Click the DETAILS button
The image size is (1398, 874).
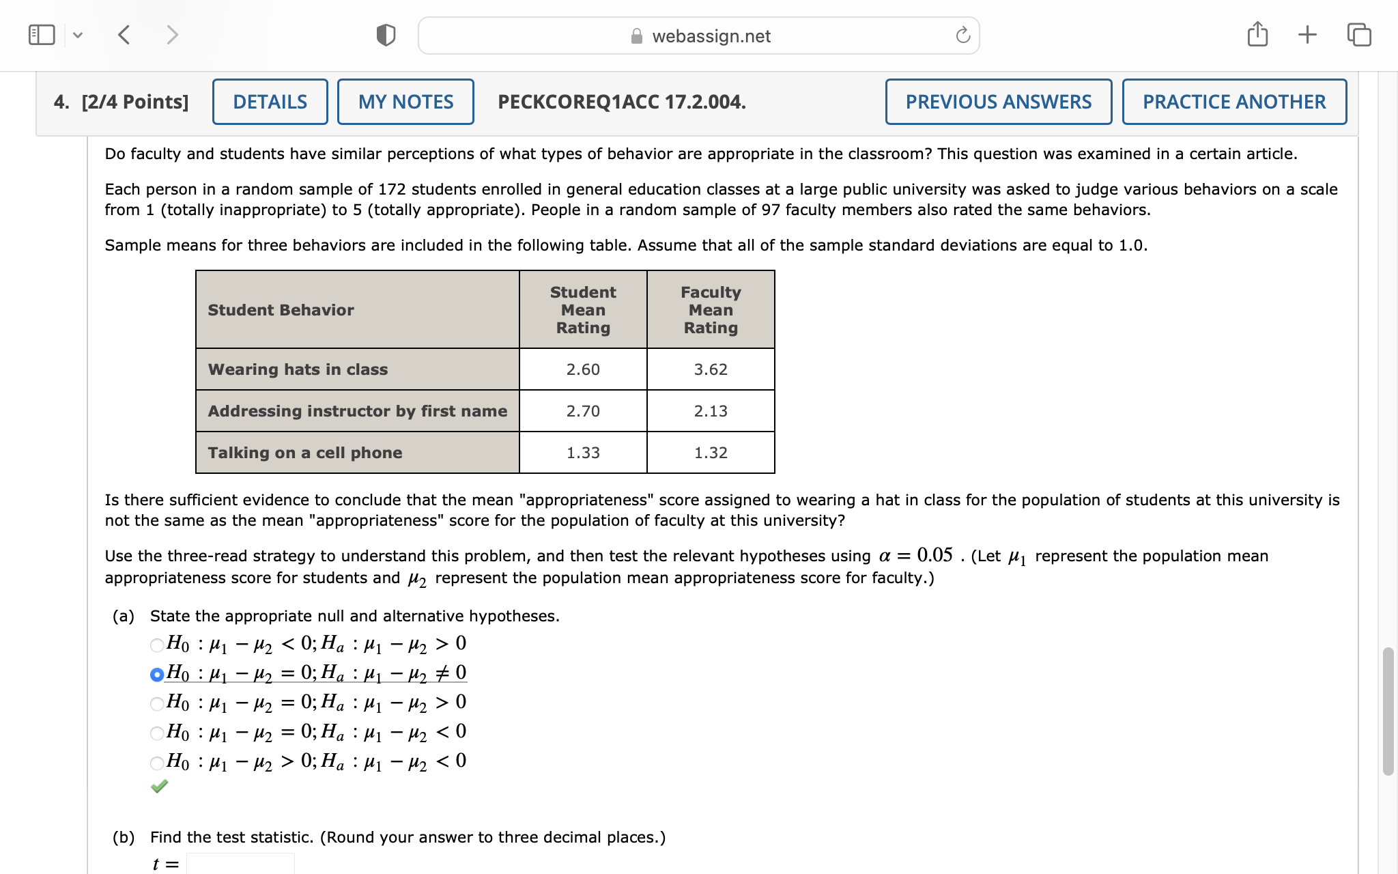[270, 102]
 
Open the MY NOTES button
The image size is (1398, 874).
[405, 102]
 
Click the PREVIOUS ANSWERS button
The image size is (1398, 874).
[998, 102]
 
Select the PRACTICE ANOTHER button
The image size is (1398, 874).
[1233, 102]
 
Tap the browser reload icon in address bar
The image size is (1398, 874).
[962, 36]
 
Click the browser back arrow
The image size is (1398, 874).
[124, 35]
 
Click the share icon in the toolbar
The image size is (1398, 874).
[1257, 34]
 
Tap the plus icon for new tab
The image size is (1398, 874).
[1307, 34]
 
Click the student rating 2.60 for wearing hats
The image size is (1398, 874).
[583, 369]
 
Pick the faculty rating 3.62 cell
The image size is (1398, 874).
[711, 369]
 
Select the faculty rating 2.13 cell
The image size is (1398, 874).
[711, 411]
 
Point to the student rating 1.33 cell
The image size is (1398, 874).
[583, 453]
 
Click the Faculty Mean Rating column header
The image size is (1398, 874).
[711, 310]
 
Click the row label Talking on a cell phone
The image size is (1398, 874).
[305, 453]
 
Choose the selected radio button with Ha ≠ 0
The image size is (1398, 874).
[157, 675]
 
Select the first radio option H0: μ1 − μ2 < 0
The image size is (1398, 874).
[157, 645]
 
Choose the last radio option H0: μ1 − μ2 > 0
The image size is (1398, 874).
[157, 763]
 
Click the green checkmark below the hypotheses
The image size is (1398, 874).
[159, 787]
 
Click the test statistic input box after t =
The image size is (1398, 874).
[240, 863]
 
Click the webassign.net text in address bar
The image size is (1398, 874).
[711, 36]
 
